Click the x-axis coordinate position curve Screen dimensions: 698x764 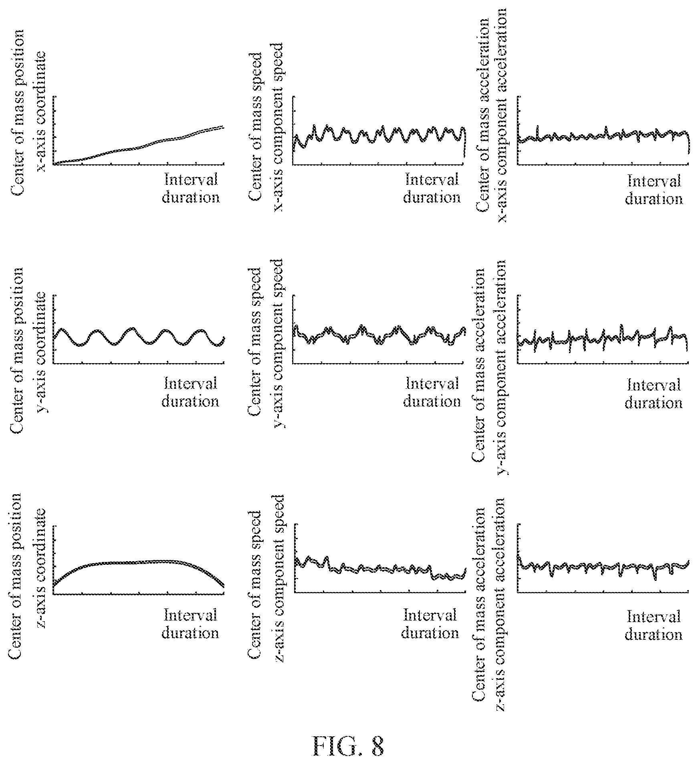pos(138,147)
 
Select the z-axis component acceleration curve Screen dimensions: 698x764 pos(603,567)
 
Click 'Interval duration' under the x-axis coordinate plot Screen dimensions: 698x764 pos(191,188)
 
